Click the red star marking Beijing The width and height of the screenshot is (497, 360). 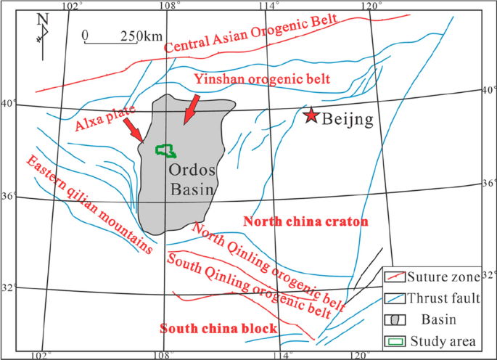[311, 115]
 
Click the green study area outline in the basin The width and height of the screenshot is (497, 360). [166, 151]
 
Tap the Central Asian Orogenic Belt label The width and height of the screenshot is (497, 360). [251, 34]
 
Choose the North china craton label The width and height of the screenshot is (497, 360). [306, 221]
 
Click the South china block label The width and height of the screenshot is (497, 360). [218, 329]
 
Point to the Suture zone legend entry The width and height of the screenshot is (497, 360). [440, 276]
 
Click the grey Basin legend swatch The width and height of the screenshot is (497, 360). [395, 319]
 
